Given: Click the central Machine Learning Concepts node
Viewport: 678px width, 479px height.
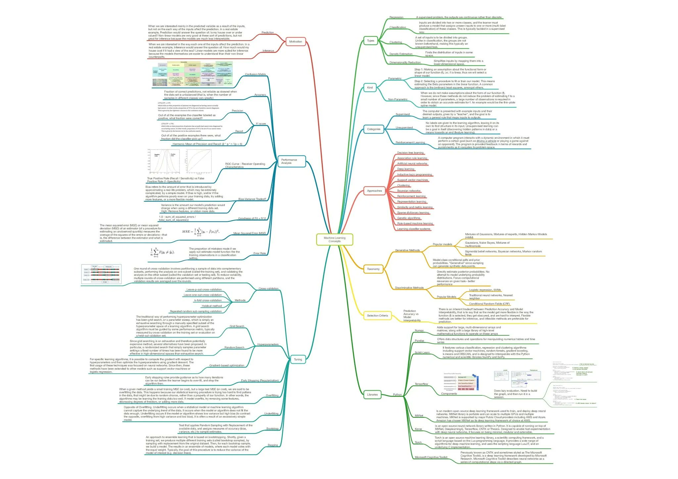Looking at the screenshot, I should tap(334, 239).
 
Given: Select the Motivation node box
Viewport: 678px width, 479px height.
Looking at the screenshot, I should tap(295, 42).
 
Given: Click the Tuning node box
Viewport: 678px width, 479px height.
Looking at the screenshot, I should tap(298, 359).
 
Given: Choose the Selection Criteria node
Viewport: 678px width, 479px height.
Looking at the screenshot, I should tap(377, 315).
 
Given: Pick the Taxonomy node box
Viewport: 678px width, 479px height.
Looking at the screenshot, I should tap(373, 269).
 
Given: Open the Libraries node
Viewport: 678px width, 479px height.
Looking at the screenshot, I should tap(372, 394).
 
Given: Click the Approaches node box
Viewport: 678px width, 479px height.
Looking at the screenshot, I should tap(374, 191).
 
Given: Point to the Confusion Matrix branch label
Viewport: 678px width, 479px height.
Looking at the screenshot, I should tap(255, 74).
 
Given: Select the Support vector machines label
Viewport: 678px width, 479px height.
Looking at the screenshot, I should tap(412, 180).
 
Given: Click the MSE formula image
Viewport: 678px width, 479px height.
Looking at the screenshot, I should tap(201, 231).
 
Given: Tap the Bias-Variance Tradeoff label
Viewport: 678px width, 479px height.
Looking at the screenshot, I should tap(252, 199).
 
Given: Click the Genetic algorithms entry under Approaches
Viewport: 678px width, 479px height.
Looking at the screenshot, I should tap(409, 218).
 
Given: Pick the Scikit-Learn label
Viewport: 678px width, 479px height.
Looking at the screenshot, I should tap(422, 352).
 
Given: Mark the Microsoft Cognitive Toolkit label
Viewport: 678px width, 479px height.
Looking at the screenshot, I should tap(431, 457).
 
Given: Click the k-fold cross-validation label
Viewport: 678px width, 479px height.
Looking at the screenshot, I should tap(208, 300).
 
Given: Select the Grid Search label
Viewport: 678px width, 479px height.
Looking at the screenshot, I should tap(237, 326).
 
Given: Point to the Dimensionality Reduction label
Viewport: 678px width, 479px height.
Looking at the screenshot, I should tap(405, 62).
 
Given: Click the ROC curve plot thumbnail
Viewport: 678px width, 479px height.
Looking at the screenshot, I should tap(199, 161).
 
